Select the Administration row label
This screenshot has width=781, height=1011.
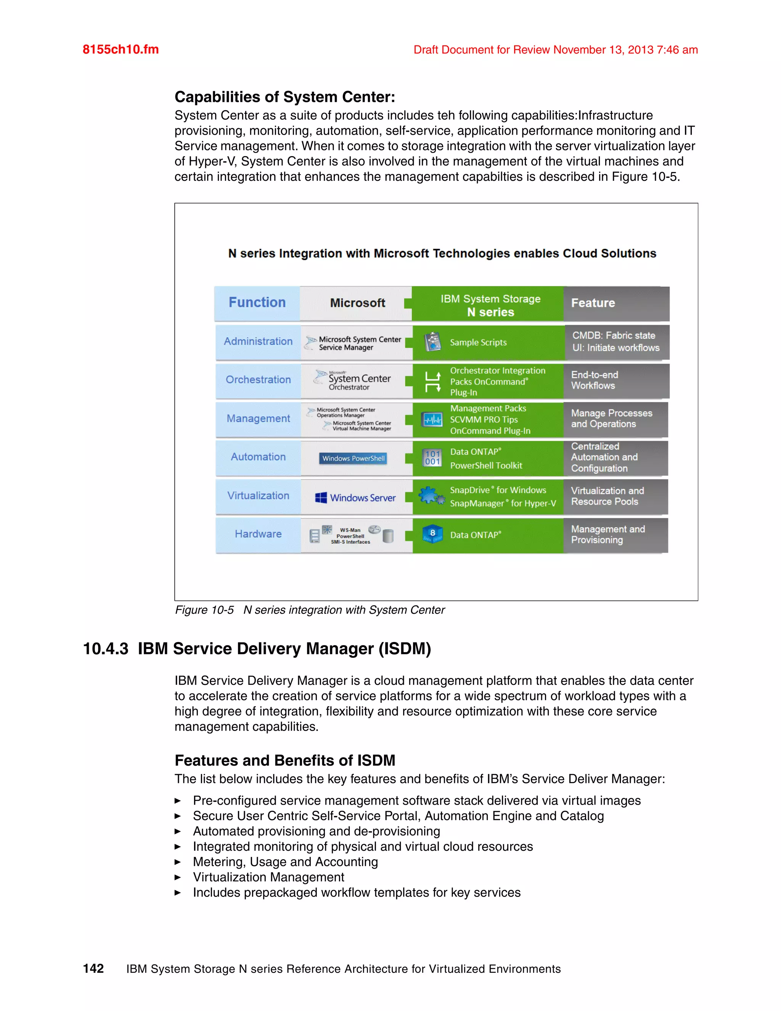click(x=258, y=341)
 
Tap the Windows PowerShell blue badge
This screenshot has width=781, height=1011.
click(x=353, y=458)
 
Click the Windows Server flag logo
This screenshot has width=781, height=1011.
click(x=321, y=497)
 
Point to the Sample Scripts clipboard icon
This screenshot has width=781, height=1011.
click(x=432, y=341)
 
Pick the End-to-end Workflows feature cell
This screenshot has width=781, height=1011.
click(x=615, y=380)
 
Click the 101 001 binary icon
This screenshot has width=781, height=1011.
click(x=432, y=458)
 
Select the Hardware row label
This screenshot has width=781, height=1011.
click(x=258, y=534)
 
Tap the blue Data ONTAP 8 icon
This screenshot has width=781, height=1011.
click(x=432, y=534)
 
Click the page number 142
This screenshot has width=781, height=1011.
click(x=93, y=968)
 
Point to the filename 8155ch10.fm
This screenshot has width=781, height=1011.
click(x=120, y=50)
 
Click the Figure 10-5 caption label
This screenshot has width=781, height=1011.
click(x=204, y=610)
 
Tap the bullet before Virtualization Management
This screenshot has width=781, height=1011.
click(x=177, y=877)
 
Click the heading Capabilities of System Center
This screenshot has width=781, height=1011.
click(x=284, y=97)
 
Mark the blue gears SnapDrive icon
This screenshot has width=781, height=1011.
click(x=432, y=496)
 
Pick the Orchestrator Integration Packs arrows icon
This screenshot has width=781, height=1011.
click(x=432, y=382)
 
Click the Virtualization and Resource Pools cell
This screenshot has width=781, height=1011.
click(x=615, y=496)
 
